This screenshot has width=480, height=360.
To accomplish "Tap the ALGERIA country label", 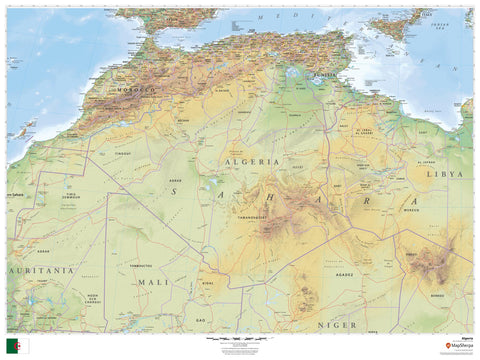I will coord(259,162).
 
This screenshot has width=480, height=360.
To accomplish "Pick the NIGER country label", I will coord(337,324).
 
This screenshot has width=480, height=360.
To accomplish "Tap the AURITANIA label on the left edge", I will coord(40,270).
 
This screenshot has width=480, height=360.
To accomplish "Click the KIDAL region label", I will coord(208,283).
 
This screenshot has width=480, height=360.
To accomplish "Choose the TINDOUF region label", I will coord(122,153).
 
